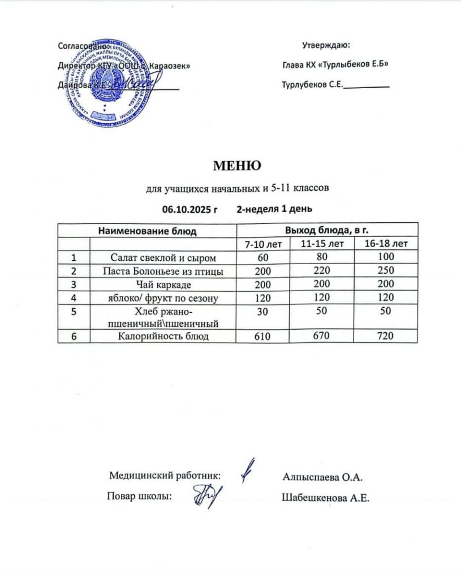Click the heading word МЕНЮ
click(x=236, y=166)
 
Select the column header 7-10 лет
click(x=262, y=244)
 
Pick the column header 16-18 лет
click(x=386, y=244)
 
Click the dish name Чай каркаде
click(x=163, y=284)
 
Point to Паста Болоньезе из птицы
click(x=163, y=271)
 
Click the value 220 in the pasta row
click(x=322, y=271)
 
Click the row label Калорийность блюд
click(x=163, y=337)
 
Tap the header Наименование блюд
click(x=147, y=230)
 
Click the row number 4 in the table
click(x=74, y=297)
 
